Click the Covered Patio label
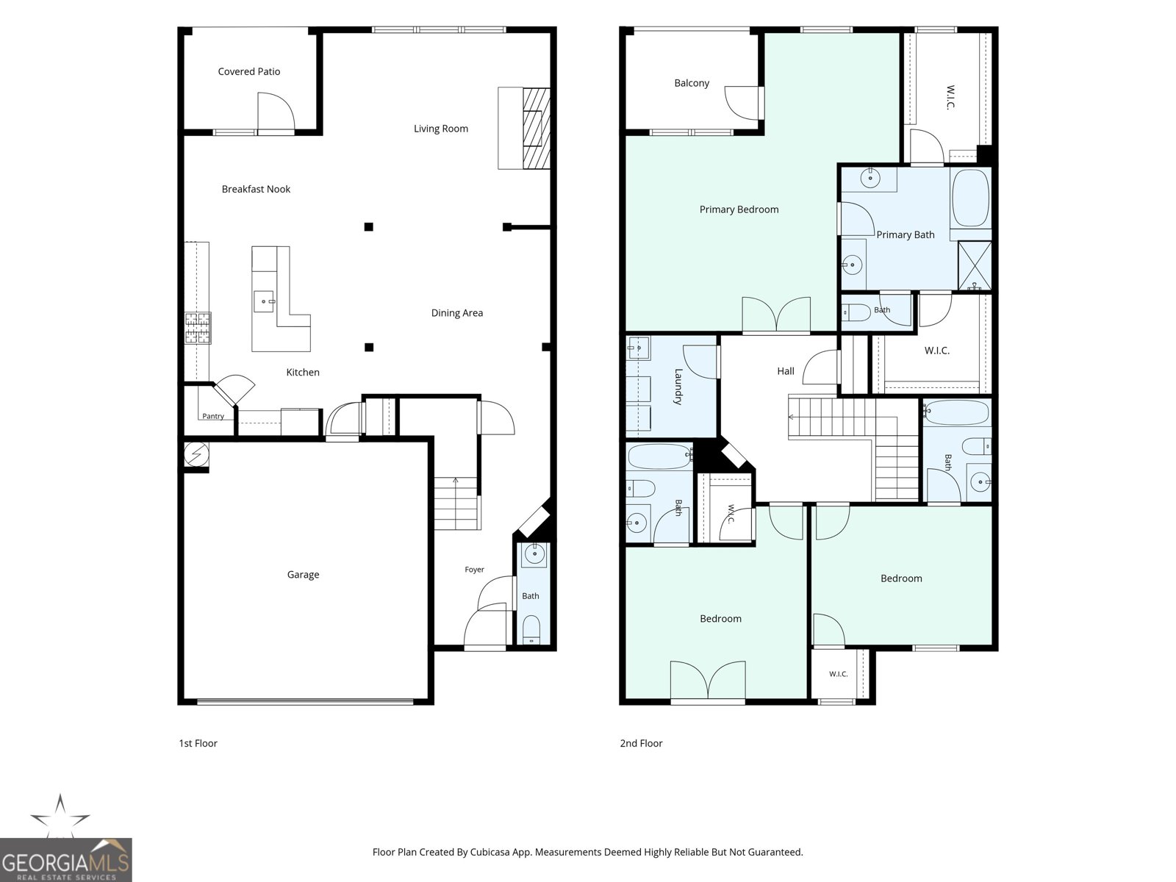coord(248,72)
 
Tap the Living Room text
coord(440,129)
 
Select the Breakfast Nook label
coord(256,189)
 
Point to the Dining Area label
coord(456,313)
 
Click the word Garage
coord(303,575)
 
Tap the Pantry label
coord(212,416)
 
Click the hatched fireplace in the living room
coord(537,129)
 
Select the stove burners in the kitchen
coord(198,328)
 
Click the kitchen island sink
coord(264,301)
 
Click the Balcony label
coord(692,83)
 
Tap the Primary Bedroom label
coord(739,209)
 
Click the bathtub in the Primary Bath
coord(970,198)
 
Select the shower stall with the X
coord(975,265)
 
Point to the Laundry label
coord(678,387)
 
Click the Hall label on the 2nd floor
coord(786,370)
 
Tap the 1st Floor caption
coord(198,743)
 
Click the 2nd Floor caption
coord(641,743)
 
